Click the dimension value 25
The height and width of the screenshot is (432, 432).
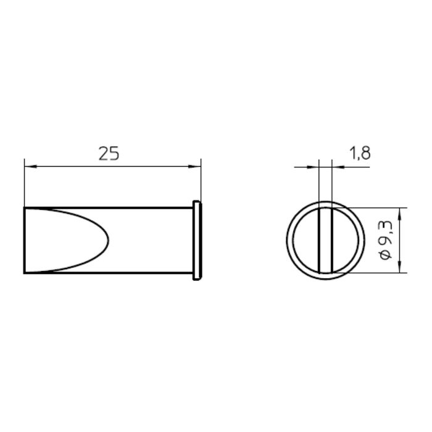[x=109, y=154]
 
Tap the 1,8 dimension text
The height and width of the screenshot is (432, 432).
[x=360, y=153]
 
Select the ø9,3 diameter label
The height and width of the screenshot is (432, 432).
[x=385, y=240]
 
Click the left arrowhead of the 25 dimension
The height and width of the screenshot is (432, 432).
[x=31, y=167]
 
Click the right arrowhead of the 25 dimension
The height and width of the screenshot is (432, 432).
[x=194, y=167]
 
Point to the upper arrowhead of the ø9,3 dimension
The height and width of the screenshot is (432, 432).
[x=400, y=214]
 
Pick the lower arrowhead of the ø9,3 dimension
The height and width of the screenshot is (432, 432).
[x=400, y=267]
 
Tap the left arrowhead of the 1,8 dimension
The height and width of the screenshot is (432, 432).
[x=312, y=167]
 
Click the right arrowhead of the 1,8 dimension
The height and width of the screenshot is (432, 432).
[x=338, y=167]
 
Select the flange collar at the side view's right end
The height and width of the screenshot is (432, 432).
[x=197, y=241]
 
